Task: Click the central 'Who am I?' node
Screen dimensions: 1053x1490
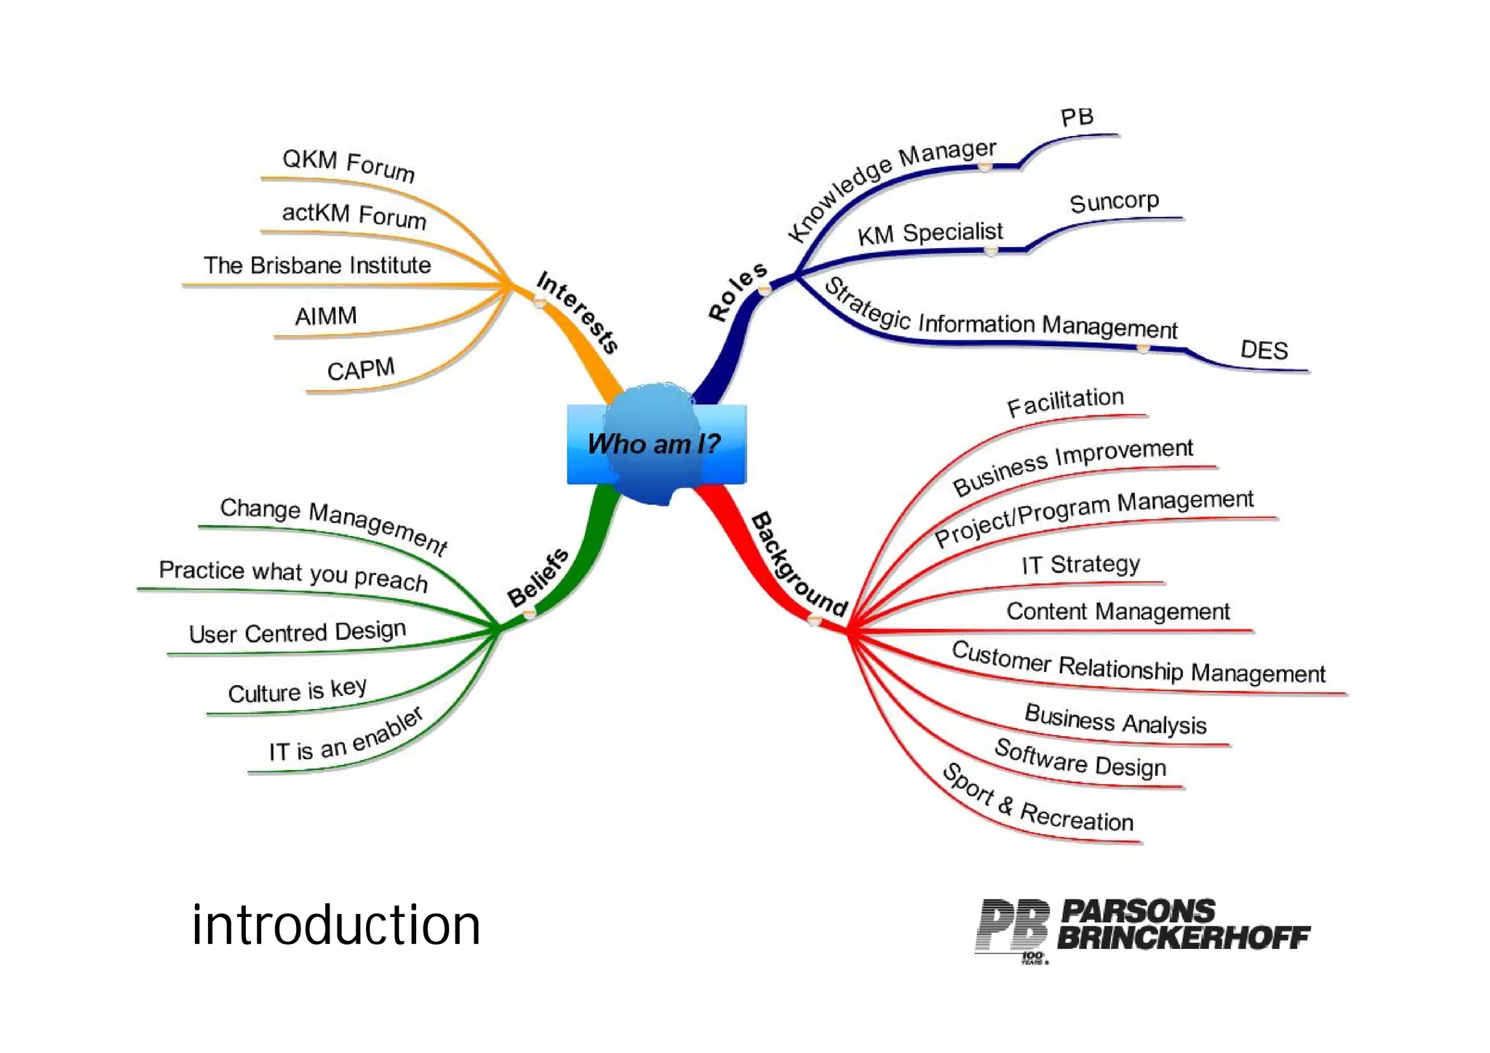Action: click(x=654, y=443)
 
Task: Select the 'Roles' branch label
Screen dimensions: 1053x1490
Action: click(x=737, y=291)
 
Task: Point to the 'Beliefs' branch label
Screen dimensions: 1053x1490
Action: click(x=538, y=577)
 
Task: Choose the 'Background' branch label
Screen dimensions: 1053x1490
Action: click(x=799, y=564)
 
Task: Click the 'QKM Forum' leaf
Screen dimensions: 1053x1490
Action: click(x=348, y=164)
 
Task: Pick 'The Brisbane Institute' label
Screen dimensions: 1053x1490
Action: click(x=317, y=265)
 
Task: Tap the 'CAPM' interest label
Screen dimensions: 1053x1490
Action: click(x=361, y=369)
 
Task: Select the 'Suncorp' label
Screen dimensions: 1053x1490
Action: click(x=1114, y=201)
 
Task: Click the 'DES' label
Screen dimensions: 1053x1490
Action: click(x=1264, y=350)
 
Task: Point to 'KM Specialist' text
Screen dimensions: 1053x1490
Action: click(x=930, y=233)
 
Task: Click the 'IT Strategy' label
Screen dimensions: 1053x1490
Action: click(x=1080, y=564)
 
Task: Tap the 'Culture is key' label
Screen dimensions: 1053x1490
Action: click(x=297, y=690)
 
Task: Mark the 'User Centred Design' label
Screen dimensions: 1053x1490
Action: click(x=297, y=631)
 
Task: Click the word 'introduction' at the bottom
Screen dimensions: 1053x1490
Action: click(x=335, y=925)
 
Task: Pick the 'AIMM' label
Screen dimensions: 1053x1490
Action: click(x=326, y=316)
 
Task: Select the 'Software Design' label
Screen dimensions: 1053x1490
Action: click(x=1080, y=758)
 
